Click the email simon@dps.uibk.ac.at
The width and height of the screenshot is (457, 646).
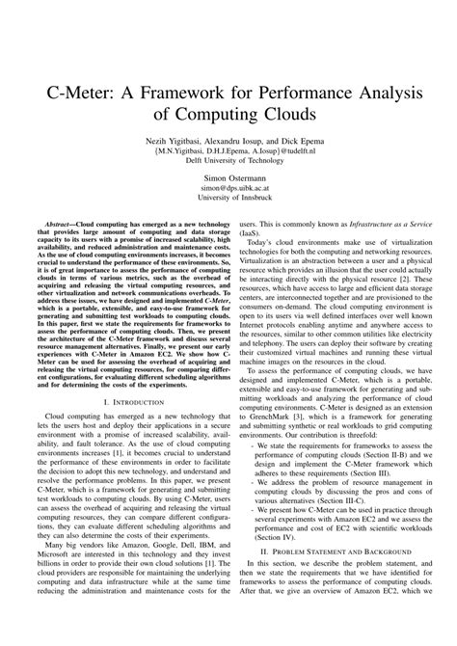pyautogui.click(x=228, y=190)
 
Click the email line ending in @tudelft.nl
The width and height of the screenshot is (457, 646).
pyautogui.click(x=228, y=150)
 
